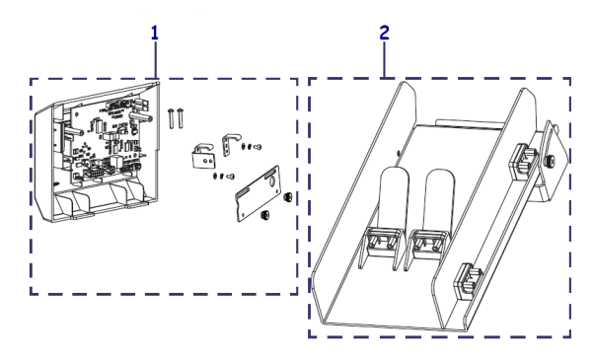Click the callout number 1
154,32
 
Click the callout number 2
384,32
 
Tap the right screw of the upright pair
183,117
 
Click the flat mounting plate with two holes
259,195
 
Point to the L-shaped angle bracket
234,144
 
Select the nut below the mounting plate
264,218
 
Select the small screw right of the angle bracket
256,147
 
